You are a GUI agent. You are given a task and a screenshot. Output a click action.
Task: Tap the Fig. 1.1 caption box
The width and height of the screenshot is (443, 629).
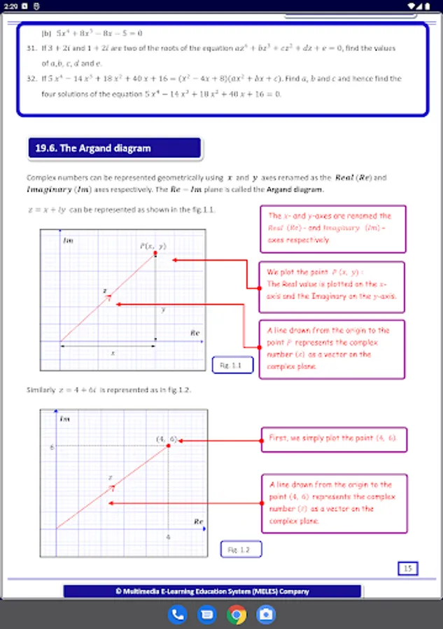coord(232,365)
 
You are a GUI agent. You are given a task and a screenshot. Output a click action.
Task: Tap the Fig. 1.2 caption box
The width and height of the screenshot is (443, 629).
coord(241,549)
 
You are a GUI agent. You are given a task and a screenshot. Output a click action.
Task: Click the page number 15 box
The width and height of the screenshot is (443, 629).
coord(407,568)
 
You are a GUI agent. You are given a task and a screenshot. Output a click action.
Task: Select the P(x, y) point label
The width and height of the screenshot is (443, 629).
coord(153,246)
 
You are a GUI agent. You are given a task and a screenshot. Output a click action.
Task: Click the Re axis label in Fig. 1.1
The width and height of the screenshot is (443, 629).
coord(195,333)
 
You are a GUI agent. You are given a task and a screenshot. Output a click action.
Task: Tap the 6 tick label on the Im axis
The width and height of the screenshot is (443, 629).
coord(51,446)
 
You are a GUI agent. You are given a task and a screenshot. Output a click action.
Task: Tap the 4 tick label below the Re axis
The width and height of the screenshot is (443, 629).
coord(168,536)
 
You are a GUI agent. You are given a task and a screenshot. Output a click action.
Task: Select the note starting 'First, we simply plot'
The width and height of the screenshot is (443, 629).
coord(333,438)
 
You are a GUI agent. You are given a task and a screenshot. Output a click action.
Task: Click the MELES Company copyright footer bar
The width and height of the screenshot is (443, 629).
coord(212,591)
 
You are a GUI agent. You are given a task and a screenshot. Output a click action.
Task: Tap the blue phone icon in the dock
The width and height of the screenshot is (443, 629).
coord(178,614)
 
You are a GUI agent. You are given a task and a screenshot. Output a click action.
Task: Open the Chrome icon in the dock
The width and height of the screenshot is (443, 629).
coord(237,614)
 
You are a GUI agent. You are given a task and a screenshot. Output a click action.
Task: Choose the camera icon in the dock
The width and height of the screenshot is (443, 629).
coord(266,614)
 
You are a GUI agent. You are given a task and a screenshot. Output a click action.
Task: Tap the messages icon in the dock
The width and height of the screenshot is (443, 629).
coord(207,614)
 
